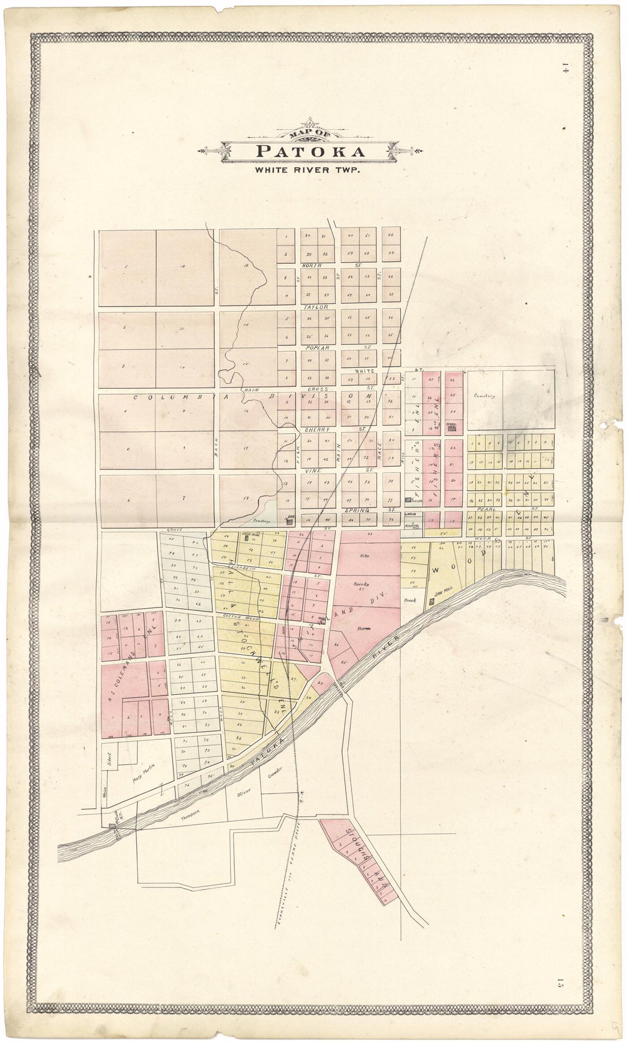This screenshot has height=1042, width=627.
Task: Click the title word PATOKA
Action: tap(311, 152)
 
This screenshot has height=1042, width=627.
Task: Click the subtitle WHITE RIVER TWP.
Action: tap(307, 169)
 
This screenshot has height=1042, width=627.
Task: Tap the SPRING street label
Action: tap(357, 510)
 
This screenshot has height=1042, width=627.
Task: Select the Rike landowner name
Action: tap(365, 555)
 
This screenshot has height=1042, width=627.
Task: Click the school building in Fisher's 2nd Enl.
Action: tap(452, 429)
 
